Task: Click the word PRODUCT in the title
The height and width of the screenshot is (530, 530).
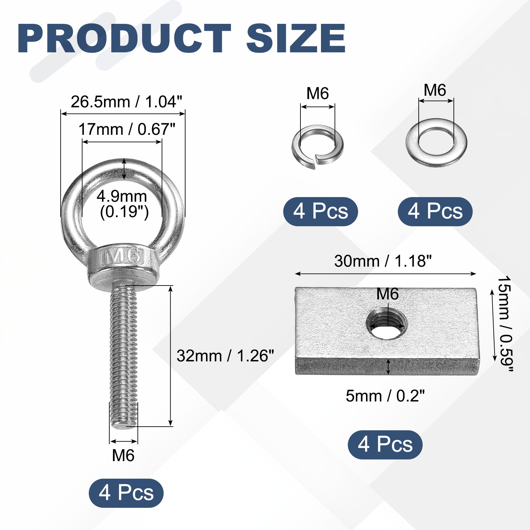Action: [124, 39]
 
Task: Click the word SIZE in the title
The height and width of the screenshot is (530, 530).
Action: [296, 39]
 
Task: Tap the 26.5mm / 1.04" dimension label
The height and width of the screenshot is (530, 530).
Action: [127, 102]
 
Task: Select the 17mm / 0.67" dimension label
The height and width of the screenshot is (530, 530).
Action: [127, 129]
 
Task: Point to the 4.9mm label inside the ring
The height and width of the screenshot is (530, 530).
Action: [122, 196]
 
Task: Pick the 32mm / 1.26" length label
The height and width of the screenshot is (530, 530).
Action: [225, 356]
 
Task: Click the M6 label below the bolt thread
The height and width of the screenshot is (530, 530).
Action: [123, 455]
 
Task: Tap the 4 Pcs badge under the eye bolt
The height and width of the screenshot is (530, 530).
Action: [126, 493]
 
